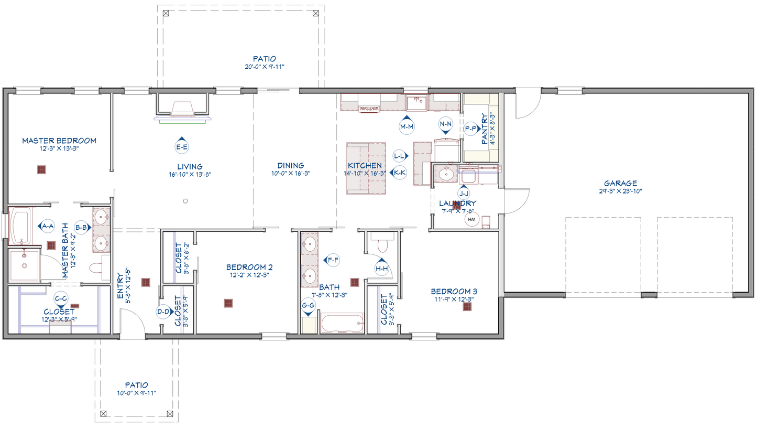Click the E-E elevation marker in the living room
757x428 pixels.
(x=182, y=146)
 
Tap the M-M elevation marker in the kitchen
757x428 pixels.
(x=407, y=125)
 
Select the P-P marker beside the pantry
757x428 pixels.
(x=471, y=129)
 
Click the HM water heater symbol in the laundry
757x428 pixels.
(x=472, y=219)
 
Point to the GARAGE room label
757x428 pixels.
(x=620, y=183)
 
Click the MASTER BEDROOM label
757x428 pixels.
(x=59, y=141)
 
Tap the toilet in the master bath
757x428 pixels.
(x=96, y=268)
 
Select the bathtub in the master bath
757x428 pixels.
(x=20, y=226)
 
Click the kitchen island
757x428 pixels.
(x=366, y=168)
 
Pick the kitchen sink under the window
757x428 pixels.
(x=416, y=103)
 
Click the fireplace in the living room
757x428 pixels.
(x=182, y=108)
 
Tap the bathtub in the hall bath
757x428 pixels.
(x=342, y=323)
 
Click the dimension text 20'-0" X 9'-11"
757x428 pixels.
(x=265, y=67)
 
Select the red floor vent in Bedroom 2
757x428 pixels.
(x=228, y=303)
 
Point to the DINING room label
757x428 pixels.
(x=291, y=165)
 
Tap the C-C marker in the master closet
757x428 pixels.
(x=61, y=300)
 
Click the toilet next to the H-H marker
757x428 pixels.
(x=382, y=243)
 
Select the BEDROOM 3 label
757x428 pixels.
(x=454, y=291)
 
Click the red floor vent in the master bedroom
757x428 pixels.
(x=41, y=169)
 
